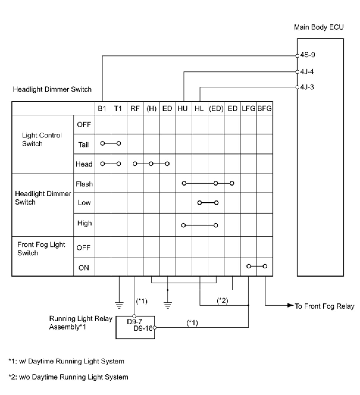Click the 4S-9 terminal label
click(x=308, y=55)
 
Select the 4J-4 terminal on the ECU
click(x=307, y=72)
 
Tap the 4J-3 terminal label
click(x=307, y=87)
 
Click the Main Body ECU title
click(x=319, y=27)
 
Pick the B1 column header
click(x=102, y=109)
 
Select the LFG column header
click(x=248, y=109)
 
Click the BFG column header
click(x=264, y=109)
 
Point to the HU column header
click(x=183, y=109)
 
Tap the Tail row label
click(x=84, y=145)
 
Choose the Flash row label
click(x=84, y=184)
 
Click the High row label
click(x=84, y=223)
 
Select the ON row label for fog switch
click(x=84, y=268)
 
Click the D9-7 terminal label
click(x=134, y=322)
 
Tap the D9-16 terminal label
click(x=143, y=328)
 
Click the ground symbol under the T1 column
click(x=119, y=305)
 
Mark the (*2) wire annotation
click(x=223, y=301)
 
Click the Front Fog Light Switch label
click(x=41, y=249)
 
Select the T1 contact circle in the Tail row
click(x=119, y=143)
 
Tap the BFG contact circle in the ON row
click(x=265, y=266)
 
